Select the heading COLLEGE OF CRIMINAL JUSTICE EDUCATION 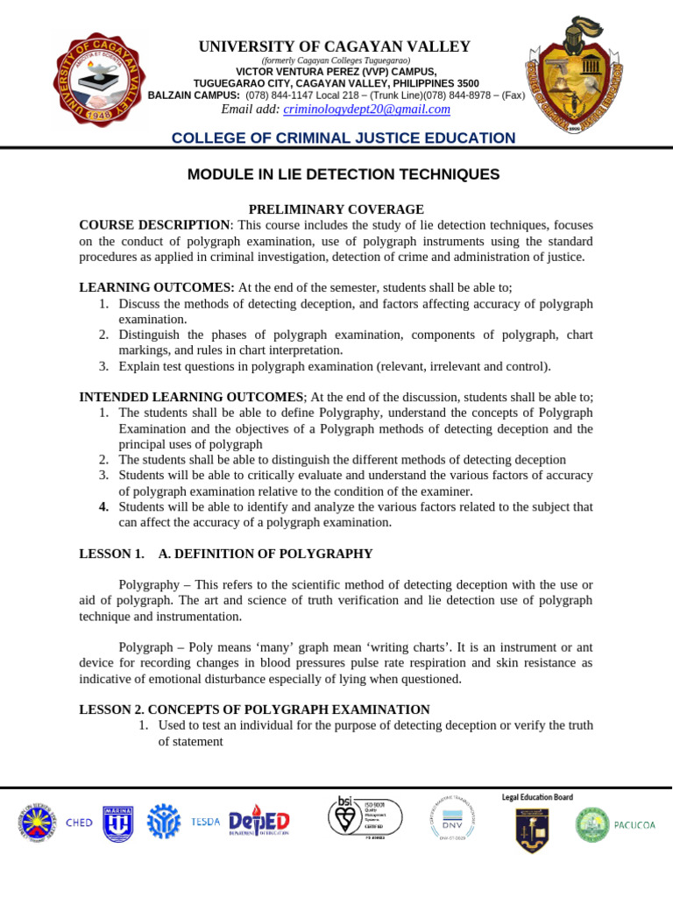click(343, 138)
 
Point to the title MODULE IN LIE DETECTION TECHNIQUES click(344, 174)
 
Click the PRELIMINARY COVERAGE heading click(324, 209)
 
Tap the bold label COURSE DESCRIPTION click(154, 225)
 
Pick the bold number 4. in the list click(103, 506)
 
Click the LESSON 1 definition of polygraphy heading click(226, 554)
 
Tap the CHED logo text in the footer click(78, 823)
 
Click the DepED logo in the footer click(259, 823)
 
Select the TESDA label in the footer click(206, 823)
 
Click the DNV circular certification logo click(451, 819)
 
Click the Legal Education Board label click(537, 797)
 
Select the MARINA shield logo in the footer click(117, 823)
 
